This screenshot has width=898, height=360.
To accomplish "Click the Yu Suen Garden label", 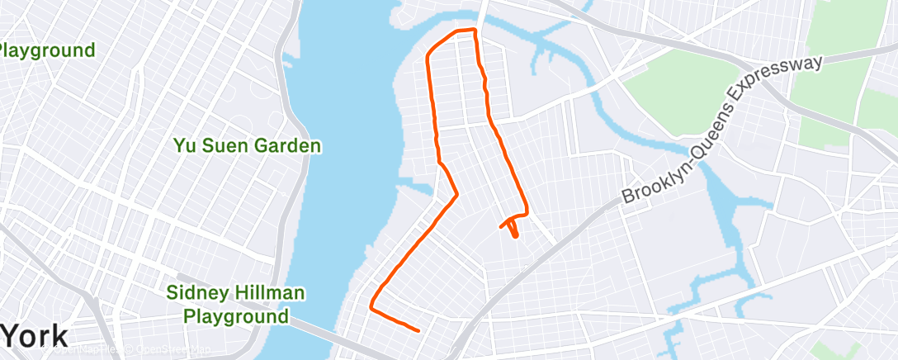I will pos(247,146).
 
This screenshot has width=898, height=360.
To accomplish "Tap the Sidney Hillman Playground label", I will pos(236,304).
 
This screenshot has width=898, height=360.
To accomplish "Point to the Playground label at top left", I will pos(47,50).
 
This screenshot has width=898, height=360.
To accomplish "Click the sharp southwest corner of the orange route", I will pos(371,309).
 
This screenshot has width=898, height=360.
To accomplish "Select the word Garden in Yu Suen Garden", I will pos(288,146).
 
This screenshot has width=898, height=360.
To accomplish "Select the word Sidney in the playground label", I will pos(195,292).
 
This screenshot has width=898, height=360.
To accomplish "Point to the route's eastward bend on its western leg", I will pos(456,194).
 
